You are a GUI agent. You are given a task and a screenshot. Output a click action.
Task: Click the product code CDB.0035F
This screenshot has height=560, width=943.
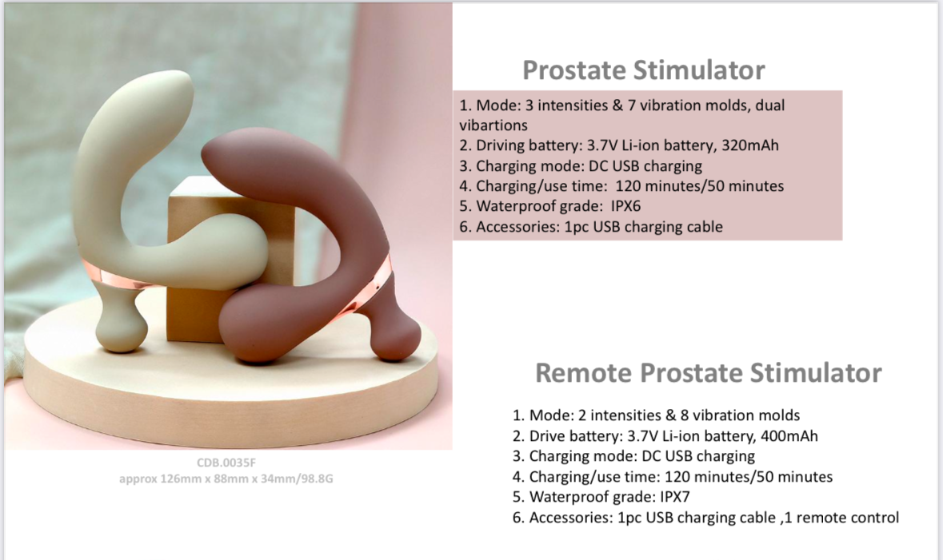coord(226,463)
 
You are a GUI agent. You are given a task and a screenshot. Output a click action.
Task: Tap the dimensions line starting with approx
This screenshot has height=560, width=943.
coord(226,479)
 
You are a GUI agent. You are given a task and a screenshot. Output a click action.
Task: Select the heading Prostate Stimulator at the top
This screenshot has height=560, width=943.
coord(644,70)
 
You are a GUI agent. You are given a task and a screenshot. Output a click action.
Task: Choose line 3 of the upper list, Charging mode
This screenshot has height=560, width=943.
coord(581,166)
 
